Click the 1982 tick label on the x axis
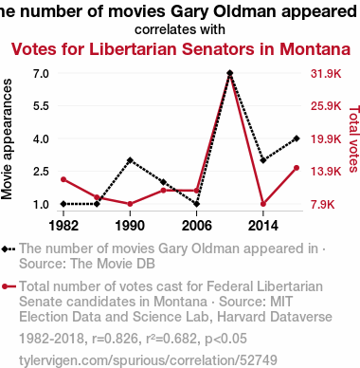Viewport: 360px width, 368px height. (x=63, y=226)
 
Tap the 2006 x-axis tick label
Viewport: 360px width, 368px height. (x=196, y=226)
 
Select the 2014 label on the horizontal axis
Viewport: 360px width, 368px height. (x=263, y=226)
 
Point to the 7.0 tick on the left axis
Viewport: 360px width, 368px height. (x=41, y=74)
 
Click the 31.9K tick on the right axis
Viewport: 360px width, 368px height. (x=326, y=74)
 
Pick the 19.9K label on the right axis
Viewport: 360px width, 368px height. (x=326, y=138)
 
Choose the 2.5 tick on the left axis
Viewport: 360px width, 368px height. (x=41, y=172)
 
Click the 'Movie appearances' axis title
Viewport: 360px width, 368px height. (x=7, y=138)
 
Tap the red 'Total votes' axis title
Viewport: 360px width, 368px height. (x=353, y=138)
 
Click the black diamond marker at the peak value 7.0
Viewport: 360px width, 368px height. (x=230, y=73)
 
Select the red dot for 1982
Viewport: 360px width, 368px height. (x=63, y=179)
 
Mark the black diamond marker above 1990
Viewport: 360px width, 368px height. (x=130, y=160)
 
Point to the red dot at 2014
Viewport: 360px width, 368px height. (x=263, y=204)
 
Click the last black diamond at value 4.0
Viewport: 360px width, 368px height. (x=297, y=138)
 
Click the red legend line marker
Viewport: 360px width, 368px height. (x=9, y=286)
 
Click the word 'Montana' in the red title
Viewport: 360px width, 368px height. (x=315, y=49)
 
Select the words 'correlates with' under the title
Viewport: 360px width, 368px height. (x=180, y=29)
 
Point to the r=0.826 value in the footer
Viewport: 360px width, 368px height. (x=115, y=339)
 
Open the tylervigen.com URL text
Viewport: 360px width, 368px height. (x=148, y=360)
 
